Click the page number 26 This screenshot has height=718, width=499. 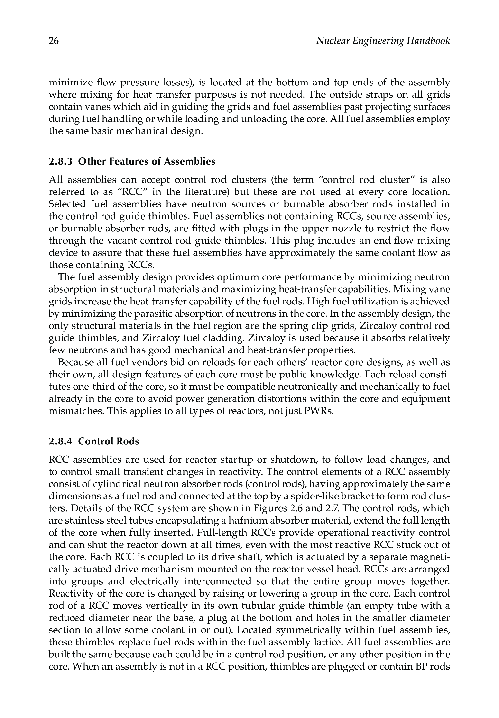pos(54,41)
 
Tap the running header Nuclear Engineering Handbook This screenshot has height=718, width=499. pos(383,41)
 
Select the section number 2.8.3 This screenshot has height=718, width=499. pos(61,161)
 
